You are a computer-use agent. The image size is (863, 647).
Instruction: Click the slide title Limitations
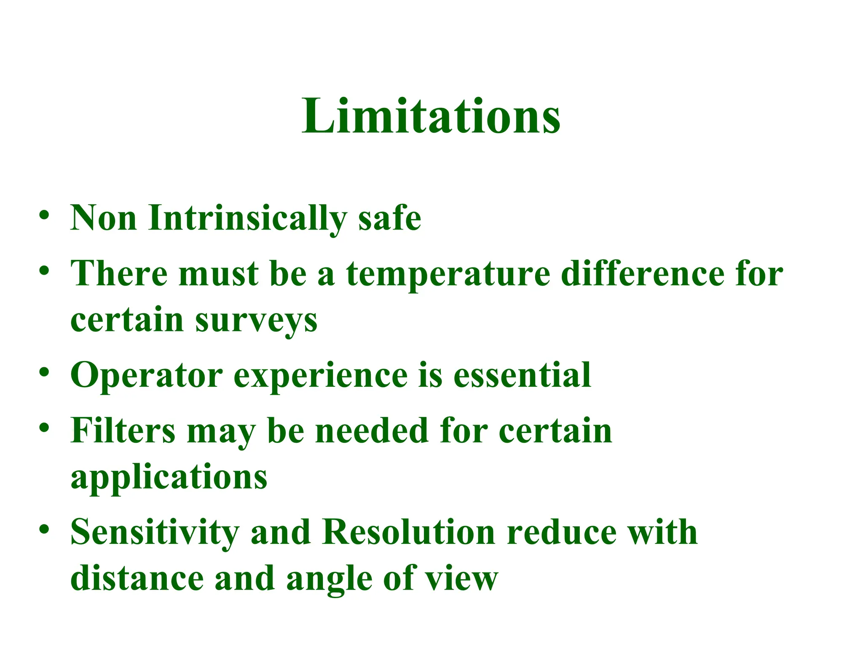click(x=431, y=115)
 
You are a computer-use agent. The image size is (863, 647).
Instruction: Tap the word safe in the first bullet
click(x=389, y=218)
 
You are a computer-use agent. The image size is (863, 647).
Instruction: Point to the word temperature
click(x=448, y=274)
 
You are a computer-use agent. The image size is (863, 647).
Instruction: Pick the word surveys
click(x=256, y=320)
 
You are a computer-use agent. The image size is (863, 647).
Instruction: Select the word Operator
click(x=147, y=375)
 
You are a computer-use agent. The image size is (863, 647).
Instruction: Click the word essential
click(x=522, y=375)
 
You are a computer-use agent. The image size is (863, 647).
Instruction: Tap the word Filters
click(x=123, y=430)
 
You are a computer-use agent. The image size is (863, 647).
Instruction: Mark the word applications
click(x=169, y=477)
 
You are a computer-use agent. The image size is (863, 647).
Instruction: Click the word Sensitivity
click(x=155, y=532)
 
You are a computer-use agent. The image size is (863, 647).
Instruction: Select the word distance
click(x=137, y=579)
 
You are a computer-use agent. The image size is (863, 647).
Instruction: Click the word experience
click(x=320, y=375)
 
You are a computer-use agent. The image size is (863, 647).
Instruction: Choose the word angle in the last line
click(x=329, y=579)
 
